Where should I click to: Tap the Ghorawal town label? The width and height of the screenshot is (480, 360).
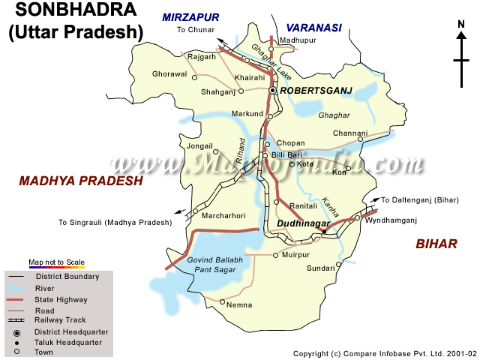169,74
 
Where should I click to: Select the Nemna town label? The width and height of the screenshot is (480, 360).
240,305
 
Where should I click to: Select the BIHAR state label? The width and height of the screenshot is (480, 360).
436,244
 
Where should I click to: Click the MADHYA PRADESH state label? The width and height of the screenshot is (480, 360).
80,181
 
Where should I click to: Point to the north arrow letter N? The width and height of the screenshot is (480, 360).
461,24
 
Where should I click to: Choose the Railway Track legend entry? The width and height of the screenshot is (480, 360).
61,320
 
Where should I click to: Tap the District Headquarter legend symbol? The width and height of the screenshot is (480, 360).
16,331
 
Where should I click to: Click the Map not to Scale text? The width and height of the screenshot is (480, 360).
57,262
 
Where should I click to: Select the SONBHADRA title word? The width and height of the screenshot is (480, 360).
71,10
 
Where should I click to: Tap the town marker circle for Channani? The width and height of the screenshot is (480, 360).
360,139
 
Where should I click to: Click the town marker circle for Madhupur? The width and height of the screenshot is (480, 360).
271,49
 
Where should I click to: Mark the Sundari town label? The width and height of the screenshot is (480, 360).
320,268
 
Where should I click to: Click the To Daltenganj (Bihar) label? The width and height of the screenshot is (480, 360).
420,200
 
